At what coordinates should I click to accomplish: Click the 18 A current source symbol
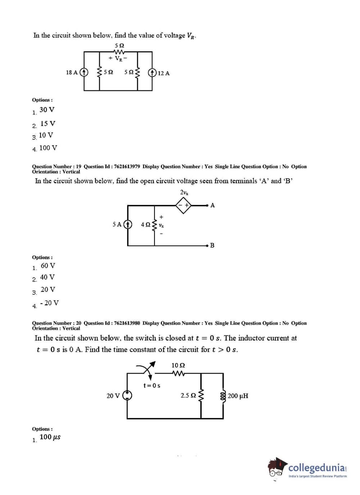[84, 72]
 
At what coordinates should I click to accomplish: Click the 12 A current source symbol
[152, 73]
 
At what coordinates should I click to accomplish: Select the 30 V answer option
[47, 110]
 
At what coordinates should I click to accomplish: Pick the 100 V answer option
[48, 148]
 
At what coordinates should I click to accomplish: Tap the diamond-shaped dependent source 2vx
[183, 205]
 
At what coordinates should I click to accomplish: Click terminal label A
[212, 205]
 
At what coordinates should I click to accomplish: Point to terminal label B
[212, 246]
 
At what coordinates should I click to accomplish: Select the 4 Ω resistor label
[145, 225]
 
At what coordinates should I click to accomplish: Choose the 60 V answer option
[48, 266]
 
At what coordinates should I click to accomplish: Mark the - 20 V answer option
[49, 303]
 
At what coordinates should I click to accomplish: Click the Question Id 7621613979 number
[127, 166]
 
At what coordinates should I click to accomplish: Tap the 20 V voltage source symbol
[127, 395]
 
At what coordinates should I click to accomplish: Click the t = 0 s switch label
[152, 386]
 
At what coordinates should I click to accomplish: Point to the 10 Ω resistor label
[178, 365]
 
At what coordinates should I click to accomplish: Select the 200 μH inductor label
[238, 396]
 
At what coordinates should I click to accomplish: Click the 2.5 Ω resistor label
[188, 396]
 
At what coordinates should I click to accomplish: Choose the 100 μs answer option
[50, 437]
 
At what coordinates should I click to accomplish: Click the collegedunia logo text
[317, 468]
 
